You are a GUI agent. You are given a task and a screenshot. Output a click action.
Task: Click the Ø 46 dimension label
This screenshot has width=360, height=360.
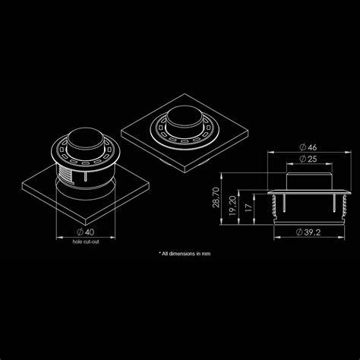point(308,147)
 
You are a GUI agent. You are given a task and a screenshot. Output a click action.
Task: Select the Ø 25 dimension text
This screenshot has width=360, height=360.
point(308,159)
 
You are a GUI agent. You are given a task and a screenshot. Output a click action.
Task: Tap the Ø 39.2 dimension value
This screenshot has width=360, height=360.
point(308,232)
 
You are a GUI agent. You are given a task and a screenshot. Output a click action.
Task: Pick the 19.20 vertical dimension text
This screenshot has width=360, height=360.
point(232,206)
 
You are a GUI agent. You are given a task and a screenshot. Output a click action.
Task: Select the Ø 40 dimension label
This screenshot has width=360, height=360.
point(85,232)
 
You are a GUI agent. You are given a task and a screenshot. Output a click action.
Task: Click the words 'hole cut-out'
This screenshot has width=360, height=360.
point(86,242)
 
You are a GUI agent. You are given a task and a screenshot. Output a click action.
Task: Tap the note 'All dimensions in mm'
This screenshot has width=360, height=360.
point(185,254)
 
